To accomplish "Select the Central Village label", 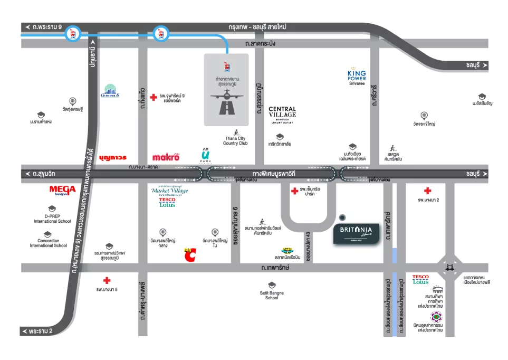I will pos(282,114).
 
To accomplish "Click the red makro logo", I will pos(166,157).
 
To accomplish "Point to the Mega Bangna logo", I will pos(63,191).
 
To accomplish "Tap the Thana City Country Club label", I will pos(235,140).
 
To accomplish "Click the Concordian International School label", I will pos(48,243).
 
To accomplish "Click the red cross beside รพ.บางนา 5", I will pos(107,280).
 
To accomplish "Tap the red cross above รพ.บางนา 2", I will pos(427,191).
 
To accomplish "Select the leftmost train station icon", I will pos(72,35).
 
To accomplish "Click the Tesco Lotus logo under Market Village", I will pos(167,203).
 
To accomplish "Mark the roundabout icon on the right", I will pos(450,268).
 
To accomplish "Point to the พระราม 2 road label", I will pos(40,331).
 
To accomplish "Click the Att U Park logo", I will pos(205,156).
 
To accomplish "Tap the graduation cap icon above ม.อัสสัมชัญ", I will pos(482,97).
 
